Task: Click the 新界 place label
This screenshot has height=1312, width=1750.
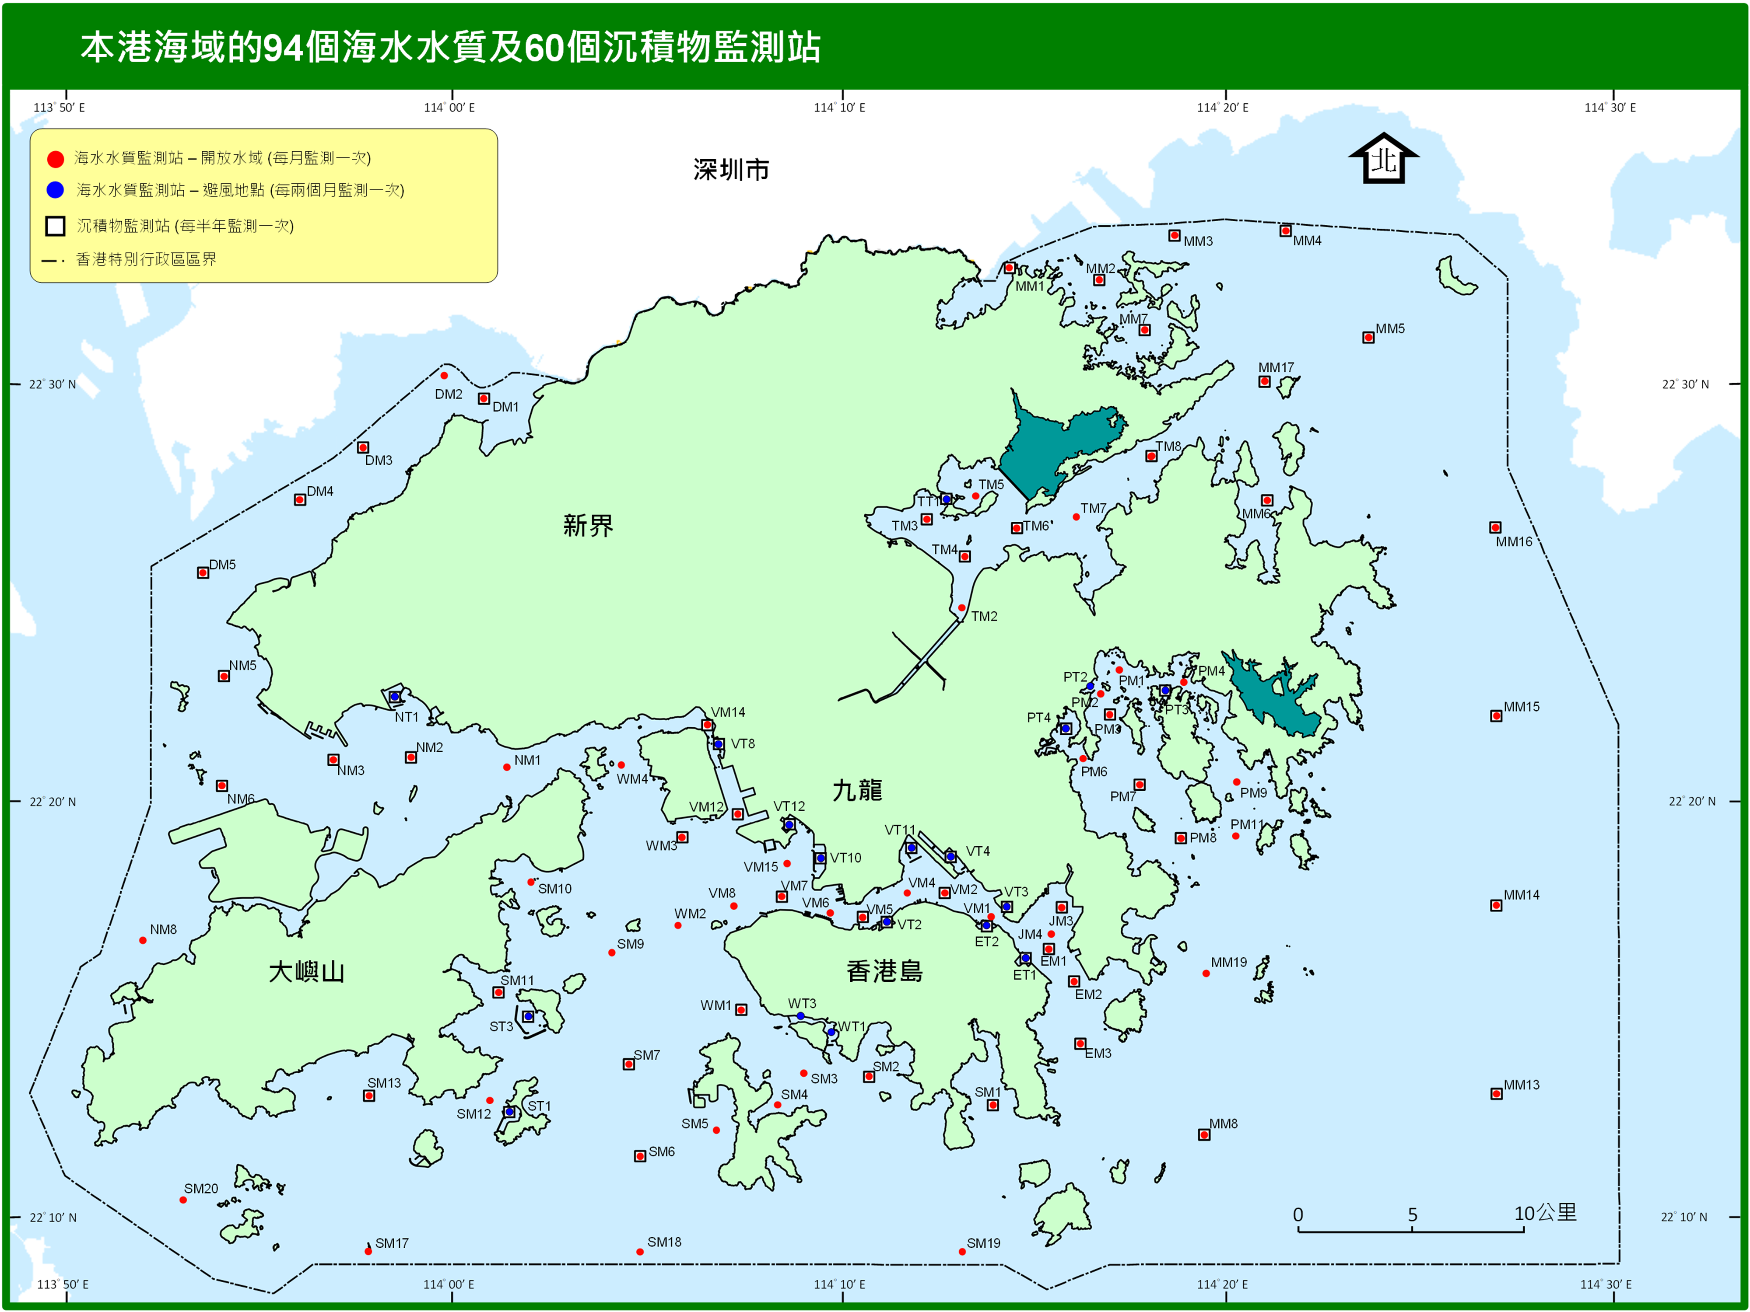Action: (588, 525)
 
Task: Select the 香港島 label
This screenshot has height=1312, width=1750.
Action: (884, 971)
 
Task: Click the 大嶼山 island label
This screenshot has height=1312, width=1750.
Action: (306, 972)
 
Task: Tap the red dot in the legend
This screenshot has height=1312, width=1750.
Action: (56, 159)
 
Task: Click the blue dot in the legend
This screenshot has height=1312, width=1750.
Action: (56, 190)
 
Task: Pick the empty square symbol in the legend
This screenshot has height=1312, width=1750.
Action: (56, 226)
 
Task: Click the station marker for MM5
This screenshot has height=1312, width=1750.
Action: (1368, 338)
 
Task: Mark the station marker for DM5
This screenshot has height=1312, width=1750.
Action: (203, 572)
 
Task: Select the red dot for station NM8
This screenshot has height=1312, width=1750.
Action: (142, 940)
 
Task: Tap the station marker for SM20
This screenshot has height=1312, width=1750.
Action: (183, 1200)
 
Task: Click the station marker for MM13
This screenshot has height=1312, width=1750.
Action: (1496, 1094)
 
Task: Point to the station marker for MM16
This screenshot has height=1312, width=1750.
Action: (1495, 527)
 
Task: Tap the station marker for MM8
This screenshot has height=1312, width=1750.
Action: (1204, 1135)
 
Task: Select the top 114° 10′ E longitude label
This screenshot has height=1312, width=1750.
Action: (839, 108)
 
